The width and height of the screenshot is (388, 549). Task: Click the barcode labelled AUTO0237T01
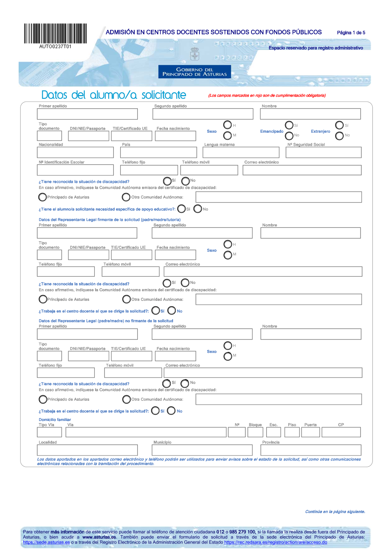tap(55, 34)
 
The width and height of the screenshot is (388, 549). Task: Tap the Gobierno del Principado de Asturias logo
tap(194, 72)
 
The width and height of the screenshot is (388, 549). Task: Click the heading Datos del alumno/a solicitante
tap(114, 95)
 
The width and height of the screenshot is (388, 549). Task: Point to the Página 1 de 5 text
tap(351, 33)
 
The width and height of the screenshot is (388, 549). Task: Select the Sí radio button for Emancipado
tap(289, 125)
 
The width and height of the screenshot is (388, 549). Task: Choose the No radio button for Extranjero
tap(339, 135)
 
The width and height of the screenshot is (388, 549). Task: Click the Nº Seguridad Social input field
tap(323, 152)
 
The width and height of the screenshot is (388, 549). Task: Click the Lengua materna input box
tap(241, 152)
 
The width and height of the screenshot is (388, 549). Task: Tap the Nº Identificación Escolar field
tap(75, 170)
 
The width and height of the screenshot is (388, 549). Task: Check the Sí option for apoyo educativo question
tap(181, 209)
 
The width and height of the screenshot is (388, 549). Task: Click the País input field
tap(158, 152)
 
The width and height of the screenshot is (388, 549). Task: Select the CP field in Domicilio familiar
tap(341, 432)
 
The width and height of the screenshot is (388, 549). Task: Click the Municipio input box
tap(202, 450)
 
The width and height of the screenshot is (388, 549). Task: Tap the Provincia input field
tap(310, 450)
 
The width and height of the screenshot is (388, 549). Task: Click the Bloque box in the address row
tap(255, 432)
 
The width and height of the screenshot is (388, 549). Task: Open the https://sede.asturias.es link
tap(46, 542)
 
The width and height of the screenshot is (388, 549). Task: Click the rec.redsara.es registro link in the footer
tap(275, 542)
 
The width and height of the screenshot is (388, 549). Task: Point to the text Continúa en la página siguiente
tap(335, 512)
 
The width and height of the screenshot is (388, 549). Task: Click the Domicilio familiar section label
tap(55, 419)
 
